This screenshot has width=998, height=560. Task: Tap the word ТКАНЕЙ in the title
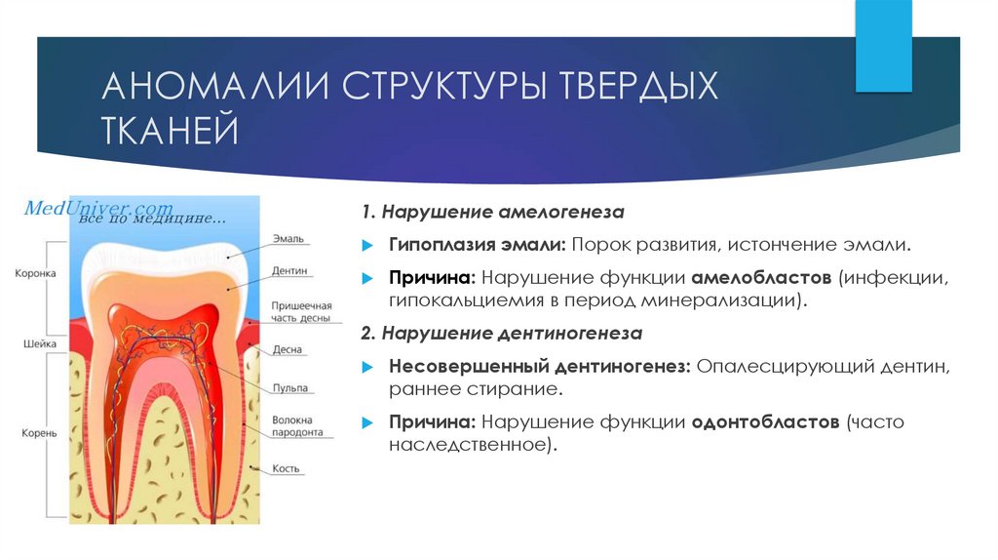click(171, 131)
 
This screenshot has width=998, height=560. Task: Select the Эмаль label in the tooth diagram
click(288, 238)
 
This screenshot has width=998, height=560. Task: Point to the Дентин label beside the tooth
click(290, 270)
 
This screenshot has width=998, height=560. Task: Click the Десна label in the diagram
click(288, 349)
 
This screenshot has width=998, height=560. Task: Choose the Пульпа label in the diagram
click(290, 388)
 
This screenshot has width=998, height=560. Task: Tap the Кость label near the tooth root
click(286, 469)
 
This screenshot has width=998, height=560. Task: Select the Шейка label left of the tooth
click(40, 344)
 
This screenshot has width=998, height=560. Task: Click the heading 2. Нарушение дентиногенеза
click(501, 334)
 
